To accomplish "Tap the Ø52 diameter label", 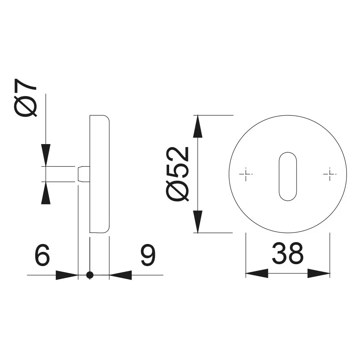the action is coord(177,174).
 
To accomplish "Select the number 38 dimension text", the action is coord(288,253).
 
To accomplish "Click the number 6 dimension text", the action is coord(42,255).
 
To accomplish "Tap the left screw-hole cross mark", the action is coord(245,174).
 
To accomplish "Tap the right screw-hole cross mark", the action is coord(330,174).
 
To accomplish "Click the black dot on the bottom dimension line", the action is coord(90,275).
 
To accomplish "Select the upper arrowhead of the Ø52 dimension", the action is coord(198,126).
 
